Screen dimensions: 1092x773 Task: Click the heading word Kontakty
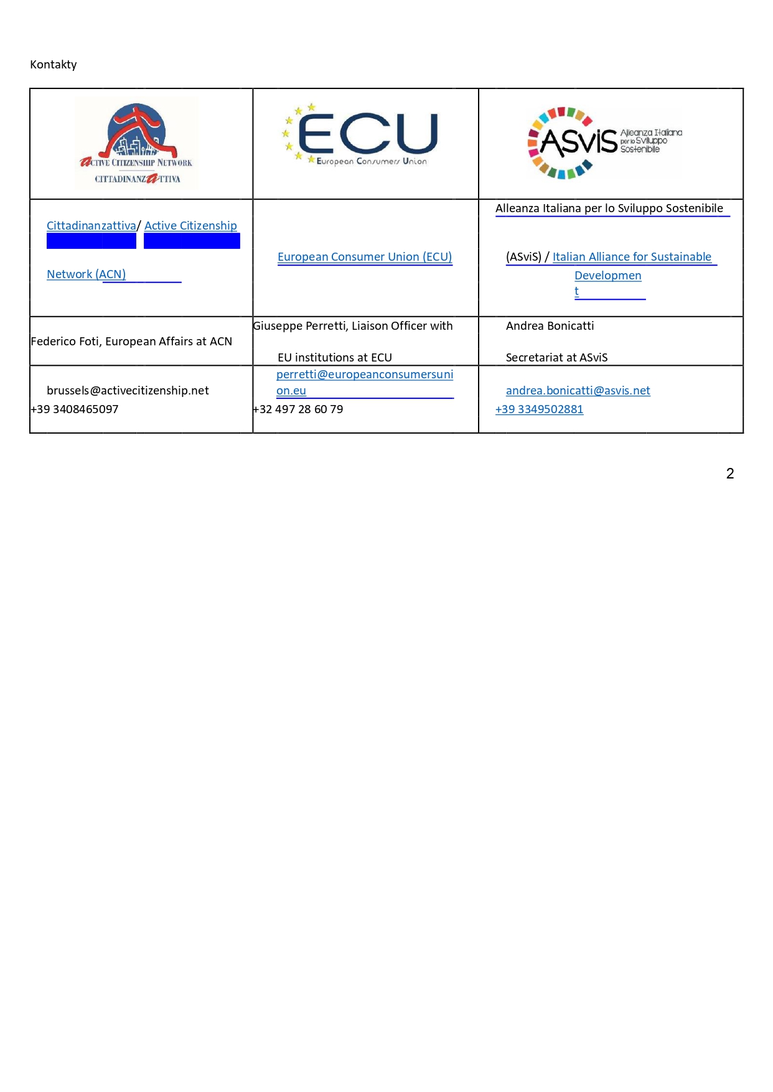[54, 65]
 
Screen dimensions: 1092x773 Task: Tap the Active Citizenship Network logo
[136, 143]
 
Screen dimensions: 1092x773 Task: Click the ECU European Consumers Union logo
[361, 136]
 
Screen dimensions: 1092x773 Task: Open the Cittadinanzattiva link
[91, 226]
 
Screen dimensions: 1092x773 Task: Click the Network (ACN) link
[86, 274]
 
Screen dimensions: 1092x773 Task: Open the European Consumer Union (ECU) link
[364, 257]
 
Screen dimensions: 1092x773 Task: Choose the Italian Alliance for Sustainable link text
[631, 257]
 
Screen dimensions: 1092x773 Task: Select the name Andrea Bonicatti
[550, 326]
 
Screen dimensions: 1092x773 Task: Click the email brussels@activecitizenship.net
[128, 391]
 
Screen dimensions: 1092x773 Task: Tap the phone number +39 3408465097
[75, 409]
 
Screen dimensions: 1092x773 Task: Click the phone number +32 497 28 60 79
[298, 409]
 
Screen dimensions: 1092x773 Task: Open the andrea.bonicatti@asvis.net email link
[578, 391]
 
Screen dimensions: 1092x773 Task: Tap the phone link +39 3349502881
[539, 409]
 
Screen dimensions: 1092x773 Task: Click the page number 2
[730, 474]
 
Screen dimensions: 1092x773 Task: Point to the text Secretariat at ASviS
[556, 358]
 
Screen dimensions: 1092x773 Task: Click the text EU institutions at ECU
[334, 358]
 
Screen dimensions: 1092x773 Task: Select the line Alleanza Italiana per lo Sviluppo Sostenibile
[609, 208]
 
